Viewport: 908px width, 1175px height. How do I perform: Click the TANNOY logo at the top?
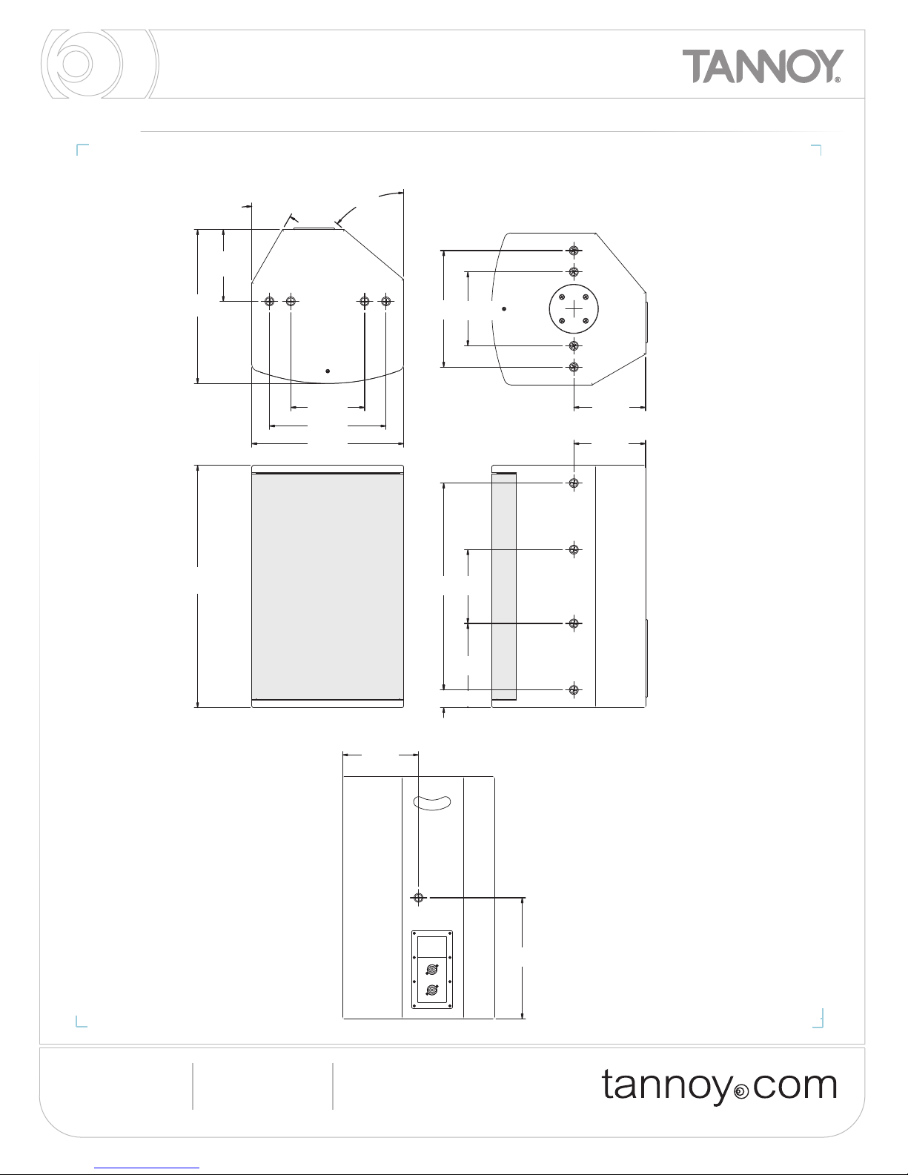click(x=762, y=66)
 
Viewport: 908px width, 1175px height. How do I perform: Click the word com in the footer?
click(x=795, y=1086)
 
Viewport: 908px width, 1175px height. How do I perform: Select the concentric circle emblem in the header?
click(x=100, y=64)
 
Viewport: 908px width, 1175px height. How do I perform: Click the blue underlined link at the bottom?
click(x=147, y=1168)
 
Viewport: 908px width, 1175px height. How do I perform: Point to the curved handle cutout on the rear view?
click(x=432, y=803)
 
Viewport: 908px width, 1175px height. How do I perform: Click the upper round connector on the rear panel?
click(x=432, y=969)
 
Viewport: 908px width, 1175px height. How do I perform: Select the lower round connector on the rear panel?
click(x=432, y=990)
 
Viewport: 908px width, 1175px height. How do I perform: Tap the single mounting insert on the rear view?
click(x=418, y=898)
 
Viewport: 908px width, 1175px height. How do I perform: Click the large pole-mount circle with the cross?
click(x=574, y=309)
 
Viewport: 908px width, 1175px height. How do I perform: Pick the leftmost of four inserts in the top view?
click(x=270, y=301)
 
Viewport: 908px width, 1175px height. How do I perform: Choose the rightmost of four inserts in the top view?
click(x=385, y=301)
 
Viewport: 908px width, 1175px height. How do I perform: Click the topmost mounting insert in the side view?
click(x=574, y=483)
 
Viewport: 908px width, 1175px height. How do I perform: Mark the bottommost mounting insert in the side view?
click(x=574, y=690)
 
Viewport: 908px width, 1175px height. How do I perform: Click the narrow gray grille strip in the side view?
click(x=504, y=586)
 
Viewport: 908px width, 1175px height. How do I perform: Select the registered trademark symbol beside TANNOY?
click(x=838, y=80)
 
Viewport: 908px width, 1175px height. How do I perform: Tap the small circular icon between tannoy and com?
click(x=743, y=1092)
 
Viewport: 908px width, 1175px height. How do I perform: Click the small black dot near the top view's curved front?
click(x=328, y=371)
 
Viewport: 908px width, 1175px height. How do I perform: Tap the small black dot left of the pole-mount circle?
click(x=504, y=309)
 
